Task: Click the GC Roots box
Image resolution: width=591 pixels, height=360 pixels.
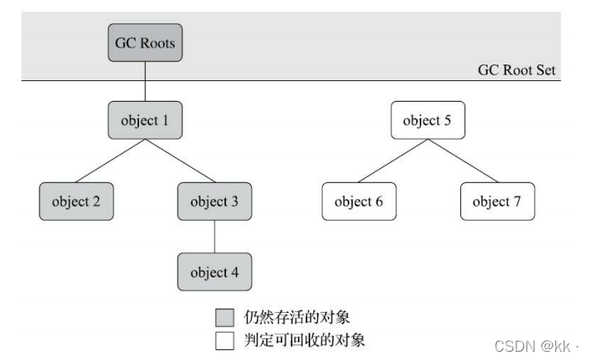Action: [145, 42]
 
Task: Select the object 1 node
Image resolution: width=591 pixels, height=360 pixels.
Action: [145, 120]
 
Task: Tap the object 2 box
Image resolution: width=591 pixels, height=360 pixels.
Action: [76, 201]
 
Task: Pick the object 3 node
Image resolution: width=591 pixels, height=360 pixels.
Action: [214, 201]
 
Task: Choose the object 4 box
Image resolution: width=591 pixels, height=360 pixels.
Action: [214, 271]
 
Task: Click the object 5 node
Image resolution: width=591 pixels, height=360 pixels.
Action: [428, 120]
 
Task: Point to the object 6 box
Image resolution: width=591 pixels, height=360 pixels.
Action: [359, 201]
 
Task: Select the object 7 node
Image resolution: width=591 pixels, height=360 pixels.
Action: [497, 201]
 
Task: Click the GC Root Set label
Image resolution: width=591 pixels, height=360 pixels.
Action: [517, 70]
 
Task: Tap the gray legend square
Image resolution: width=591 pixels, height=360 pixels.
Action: [224, 318]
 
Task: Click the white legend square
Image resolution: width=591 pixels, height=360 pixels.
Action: [224, 340]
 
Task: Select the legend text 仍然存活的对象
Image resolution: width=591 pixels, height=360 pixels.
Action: [296, 318]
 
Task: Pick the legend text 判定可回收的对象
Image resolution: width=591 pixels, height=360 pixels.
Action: [304, 340]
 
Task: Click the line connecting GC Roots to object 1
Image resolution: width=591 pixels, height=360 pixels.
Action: [145, 81]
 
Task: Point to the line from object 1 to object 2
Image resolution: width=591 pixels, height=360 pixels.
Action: [110, 161]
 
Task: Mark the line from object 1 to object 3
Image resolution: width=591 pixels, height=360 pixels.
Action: [180, 161]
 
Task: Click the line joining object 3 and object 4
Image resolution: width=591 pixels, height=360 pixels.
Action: [214, 237]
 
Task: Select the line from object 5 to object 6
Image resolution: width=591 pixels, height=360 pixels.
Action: [393, 161]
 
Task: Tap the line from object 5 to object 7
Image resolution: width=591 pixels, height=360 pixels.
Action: [463, 161]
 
